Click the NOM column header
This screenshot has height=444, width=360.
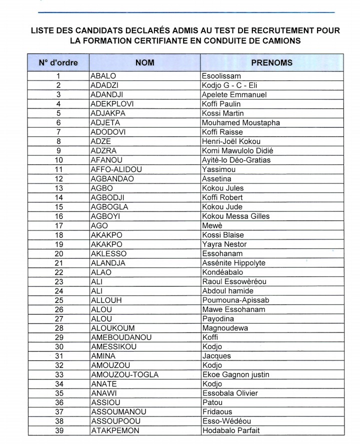144,63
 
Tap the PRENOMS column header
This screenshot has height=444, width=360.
272,63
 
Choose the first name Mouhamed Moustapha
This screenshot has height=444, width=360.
240,123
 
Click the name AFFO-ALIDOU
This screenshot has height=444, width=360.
116,169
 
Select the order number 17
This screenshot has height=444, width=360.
58,225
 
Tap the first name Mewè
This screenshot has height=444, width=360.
212,225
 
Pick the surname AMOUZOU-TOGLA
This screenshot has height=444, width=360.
124,374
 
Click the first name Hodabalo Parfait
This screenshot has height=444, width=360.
230,430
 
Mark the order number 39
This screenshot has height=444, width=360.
58,430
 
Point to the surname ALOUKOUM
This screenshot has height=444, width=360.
113,328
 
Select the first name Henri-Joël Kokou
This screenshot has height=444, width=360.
231,141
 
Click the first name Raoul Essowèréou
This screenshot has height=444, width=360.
234,281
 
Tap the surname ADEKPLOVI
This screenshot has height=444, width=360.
112,104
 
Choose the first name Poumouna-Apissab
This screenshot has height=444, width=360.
235,300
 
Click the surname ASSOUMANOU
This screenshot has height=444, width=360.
118,411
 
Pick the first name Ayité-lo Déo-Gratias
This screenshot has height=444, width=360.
236,160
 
